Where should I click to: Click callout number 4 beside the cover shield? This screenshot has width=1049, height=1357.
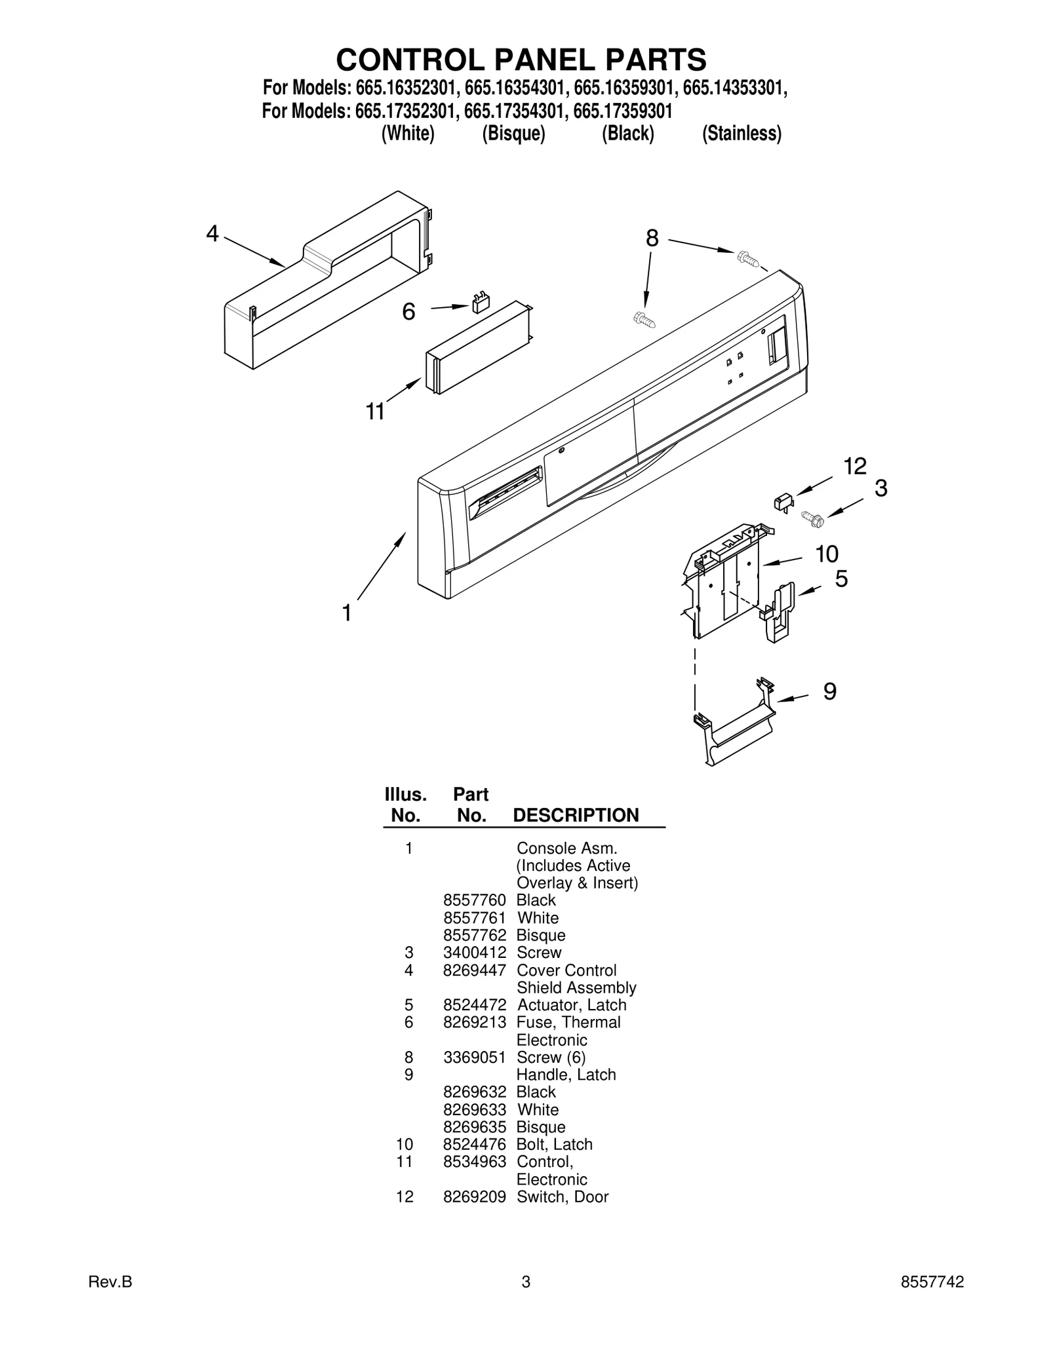click(212, 233)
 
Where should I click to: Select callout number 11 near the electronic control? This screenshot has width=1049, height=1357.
click(375, 411)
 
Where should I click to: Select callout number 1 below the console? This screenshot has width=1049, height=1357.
click(347, 613)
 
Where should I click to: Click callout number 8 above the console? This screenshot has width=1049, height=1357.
click(652, 239)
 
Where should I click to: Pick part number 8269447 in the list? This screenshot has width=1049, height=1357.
click(474, 970)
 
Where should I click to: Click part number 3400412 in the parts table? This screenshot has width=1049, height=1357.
click(474, 953)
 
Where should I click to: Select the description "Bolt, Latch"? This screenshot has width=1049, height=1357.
click(555, 1145)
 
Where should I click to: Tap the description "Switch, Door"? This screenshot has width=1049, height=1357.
click(563, 1197)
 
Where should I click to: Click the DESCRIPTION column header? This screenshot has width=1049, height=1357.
click(576, 815)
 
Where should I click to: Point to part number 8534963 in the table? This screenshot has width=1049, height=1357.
click(474, 1162)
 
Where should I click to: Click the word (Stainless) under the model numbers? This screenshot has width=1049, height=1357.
click(742, 134)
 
